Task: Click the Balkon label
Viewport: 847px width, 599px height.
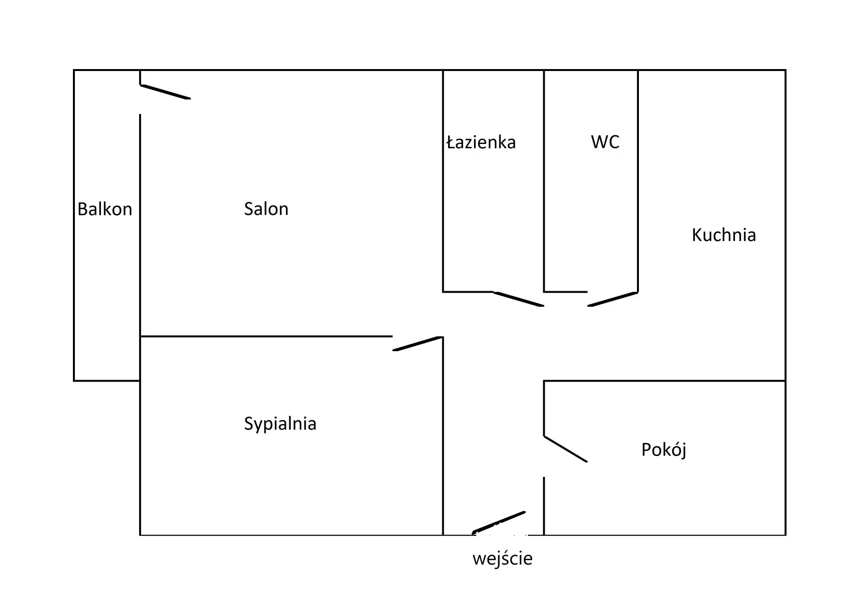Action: tap(105, 209)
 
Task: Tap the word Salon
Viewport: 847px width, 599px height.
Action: tap(266, 209)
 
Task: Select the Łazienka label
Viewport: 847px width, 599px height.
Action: tap(481, 142)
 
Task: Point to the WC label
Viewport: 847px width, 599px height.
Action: tap(605, 142)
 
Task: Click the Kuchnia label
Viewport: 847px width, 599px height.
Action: tap(724, 235)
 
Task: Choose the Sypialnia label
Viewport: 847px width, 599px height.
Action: tap(280, 424)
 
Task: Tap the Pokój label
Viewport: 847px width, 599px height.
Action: tap(663, 450)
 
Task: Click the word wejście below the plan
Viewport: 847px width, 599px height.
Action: tap(502, 559)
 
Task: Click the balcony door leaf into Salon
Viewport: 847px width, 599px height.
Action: tap(165, 92)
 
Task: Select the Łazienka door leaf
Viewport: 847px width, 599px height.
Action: tap(519, 299)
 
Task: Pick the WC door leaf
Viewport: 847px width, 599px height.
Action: tap(613, 299)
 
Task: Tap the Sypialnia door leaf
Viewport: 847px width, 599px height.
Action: tap(418, 343)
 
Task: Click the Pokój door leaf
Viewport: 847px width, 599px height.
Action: tap(565, 449)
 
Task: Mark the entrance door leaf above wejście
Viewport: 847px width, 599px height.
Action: tap(499, 522)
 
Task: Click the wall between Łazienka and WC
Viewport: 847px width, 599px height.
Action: tap(544, 181)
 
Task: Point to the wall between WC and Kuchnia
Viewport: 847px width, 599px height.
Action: tap(638, 181)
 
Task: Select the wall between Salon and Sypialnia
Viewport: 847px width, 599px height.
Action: tap(266, 336)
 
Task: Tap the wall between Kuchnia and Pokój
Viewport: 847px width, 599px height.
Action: tap(664, 381)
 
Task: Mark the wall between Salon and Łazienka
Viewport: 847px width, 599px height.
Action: tap(443, 181)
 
